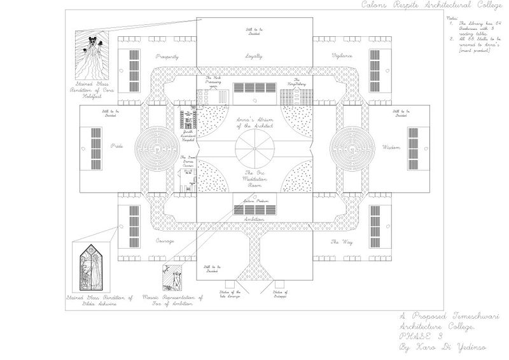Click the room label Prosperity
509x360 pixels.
coord(167,57)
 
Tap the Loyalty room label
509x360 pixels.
coord(254,57)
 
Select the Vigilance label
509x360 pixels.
coord(342,57)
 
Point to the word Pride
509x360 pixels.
coord(116,147)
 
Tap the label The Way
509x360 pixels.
coord(337,242)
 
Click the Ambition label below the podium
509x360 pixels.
coord(254,218)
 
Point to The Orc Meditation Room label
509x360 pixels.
coord(254,180)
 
